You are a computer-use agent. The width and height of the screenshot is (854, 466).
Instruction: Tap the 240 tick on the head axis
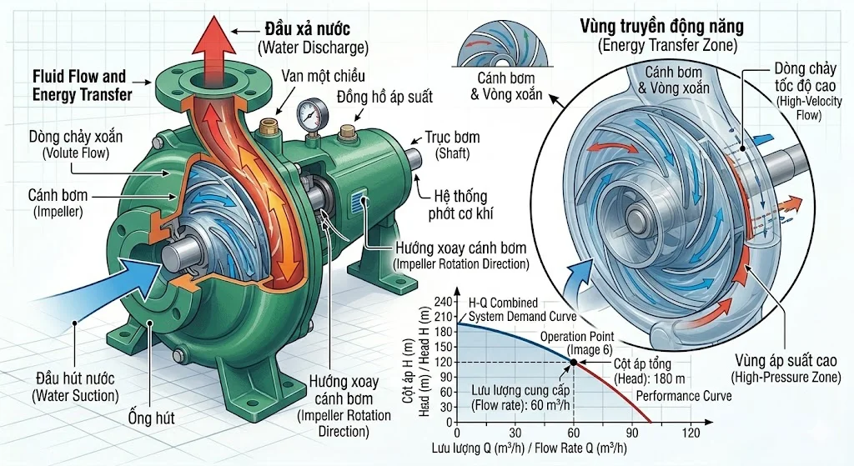coord(443,302)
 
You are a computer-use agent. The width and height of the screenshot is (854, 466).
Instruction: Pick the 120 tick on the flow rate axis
coord(691,433)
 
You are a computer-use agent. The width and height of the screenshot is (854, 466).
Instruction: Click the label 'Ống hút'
coord(153,417)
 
